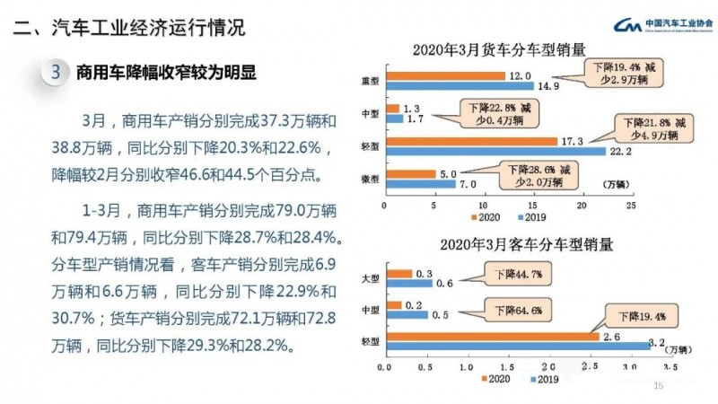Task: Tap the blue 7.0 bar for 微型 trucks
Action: pos(418,184)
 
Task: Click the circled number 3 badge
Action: pos(57,75)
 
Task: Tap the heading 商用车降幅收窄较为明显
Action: pos(166,75)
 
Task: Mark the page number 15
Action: pos(658,387)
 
